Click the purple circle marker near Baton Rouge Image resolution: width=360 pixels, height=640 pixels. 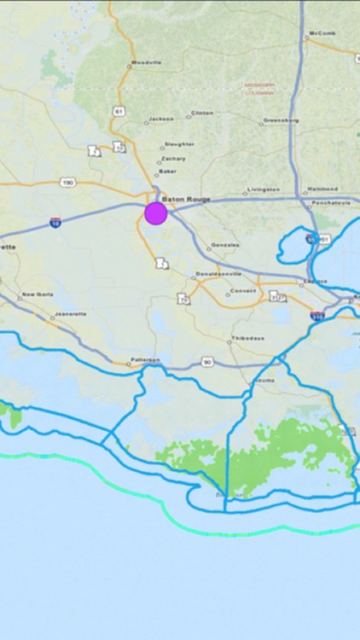(x=155, y=212)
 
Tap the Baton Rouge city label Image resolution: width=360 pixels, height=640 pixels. (x=185, y=199)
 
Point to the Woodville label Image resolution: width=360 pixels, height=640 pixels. (x=147, y=61)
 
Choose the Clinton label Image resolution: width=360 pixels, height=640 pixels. (x=202, y=113)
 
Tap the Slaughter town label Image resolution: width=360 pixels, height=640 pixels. (x=179, y=143)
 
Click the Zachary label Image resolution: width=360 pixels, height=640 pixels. (x=174, y=158)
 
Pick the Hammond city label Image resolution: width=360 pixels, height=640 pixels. (x=322, y=189)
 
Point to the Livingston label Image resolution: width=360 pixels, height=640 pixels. (x=263, y=189)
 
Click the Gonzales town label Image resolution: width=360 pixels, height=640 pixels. (x=224, y=244)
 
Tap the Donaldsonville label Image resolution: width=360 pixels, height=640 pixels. (x=218, y=274)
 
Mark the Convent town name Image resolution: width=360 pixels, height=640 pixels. (x=242, y=291)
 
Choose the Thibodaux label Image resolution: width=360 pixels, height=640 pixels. (x=247, y=338)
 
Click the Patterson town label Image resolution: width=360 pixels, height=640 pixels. (x=145, y=359)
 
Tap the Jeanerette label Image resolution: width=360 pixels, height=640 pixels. (x=70, y=313)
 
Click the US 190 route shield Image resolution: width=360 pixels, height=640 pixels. (x=67, y=181)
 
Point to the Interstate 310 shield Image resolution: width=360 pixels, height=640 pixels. (x=318, y=316)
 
